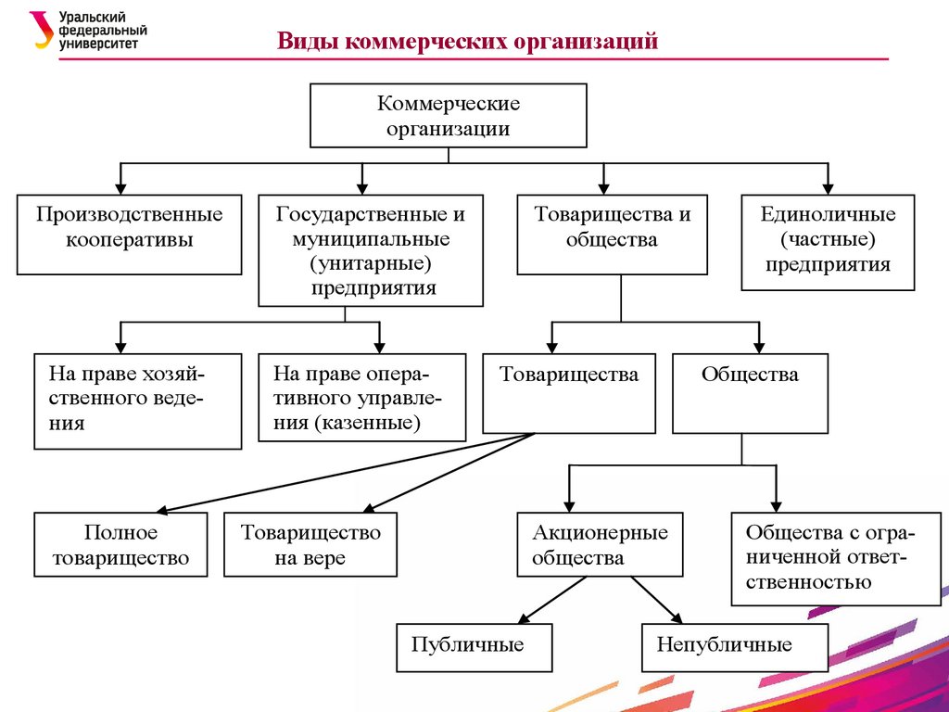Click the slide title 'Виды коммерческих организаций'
click(467, 42)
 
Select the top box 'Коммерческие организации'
click(448, 116)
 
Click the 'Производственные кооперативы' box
click(130, 234)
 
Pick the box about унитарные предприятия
click(371, 250)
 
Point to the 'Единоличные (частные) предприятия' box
click(828, 242)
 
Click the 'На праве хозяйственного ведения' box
click(137, 400)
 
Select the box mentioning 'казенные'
click(361, 397)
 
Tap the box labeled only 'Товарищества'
click(568, 393)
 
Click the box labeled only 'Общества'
click(750, 393)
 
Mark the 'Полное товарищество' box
click(120, 545)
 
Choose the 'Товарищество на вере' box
click(310, 545)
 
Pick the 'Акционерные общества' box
click(600, 545)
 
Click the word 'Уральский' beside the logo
click(93, 18)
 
